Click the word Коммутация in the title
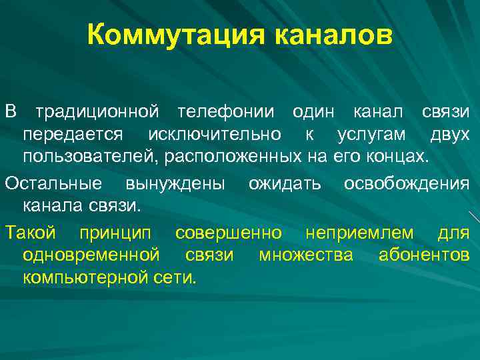point(173,33)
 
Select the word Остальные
point(53,183)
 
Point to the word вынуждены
point(175,183)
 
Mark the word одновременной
point(91,255)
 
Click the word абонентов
point(424,254)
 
